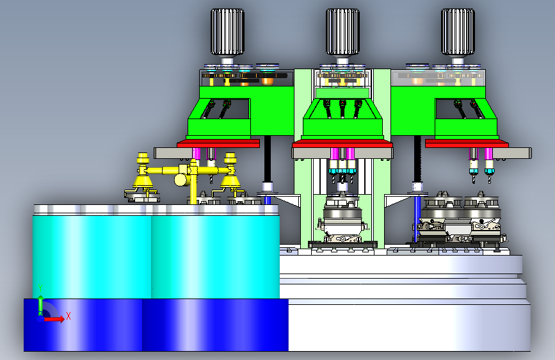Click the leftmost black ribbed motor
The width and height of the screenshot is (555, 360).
point(227,32)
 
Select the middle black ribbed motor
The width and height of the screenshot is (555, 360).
point(342,32)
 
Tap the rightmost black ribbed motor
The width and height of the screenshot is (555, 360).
point(458,32)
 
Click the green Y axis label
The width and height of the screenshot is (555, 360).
point(40,288)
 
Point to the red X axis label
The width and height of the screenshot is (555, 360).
point(68,316)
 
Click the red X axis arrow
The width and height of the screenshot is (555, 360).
point(54,319)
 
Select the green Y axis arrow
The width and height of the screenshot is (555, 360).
point(41,304)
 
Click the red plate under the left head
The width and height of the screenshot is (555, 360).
point(218,143)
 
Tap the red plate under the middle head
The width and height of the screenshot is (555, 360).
point(342,143)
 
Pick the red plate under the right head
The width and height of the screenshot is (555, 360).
point(467,143)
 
